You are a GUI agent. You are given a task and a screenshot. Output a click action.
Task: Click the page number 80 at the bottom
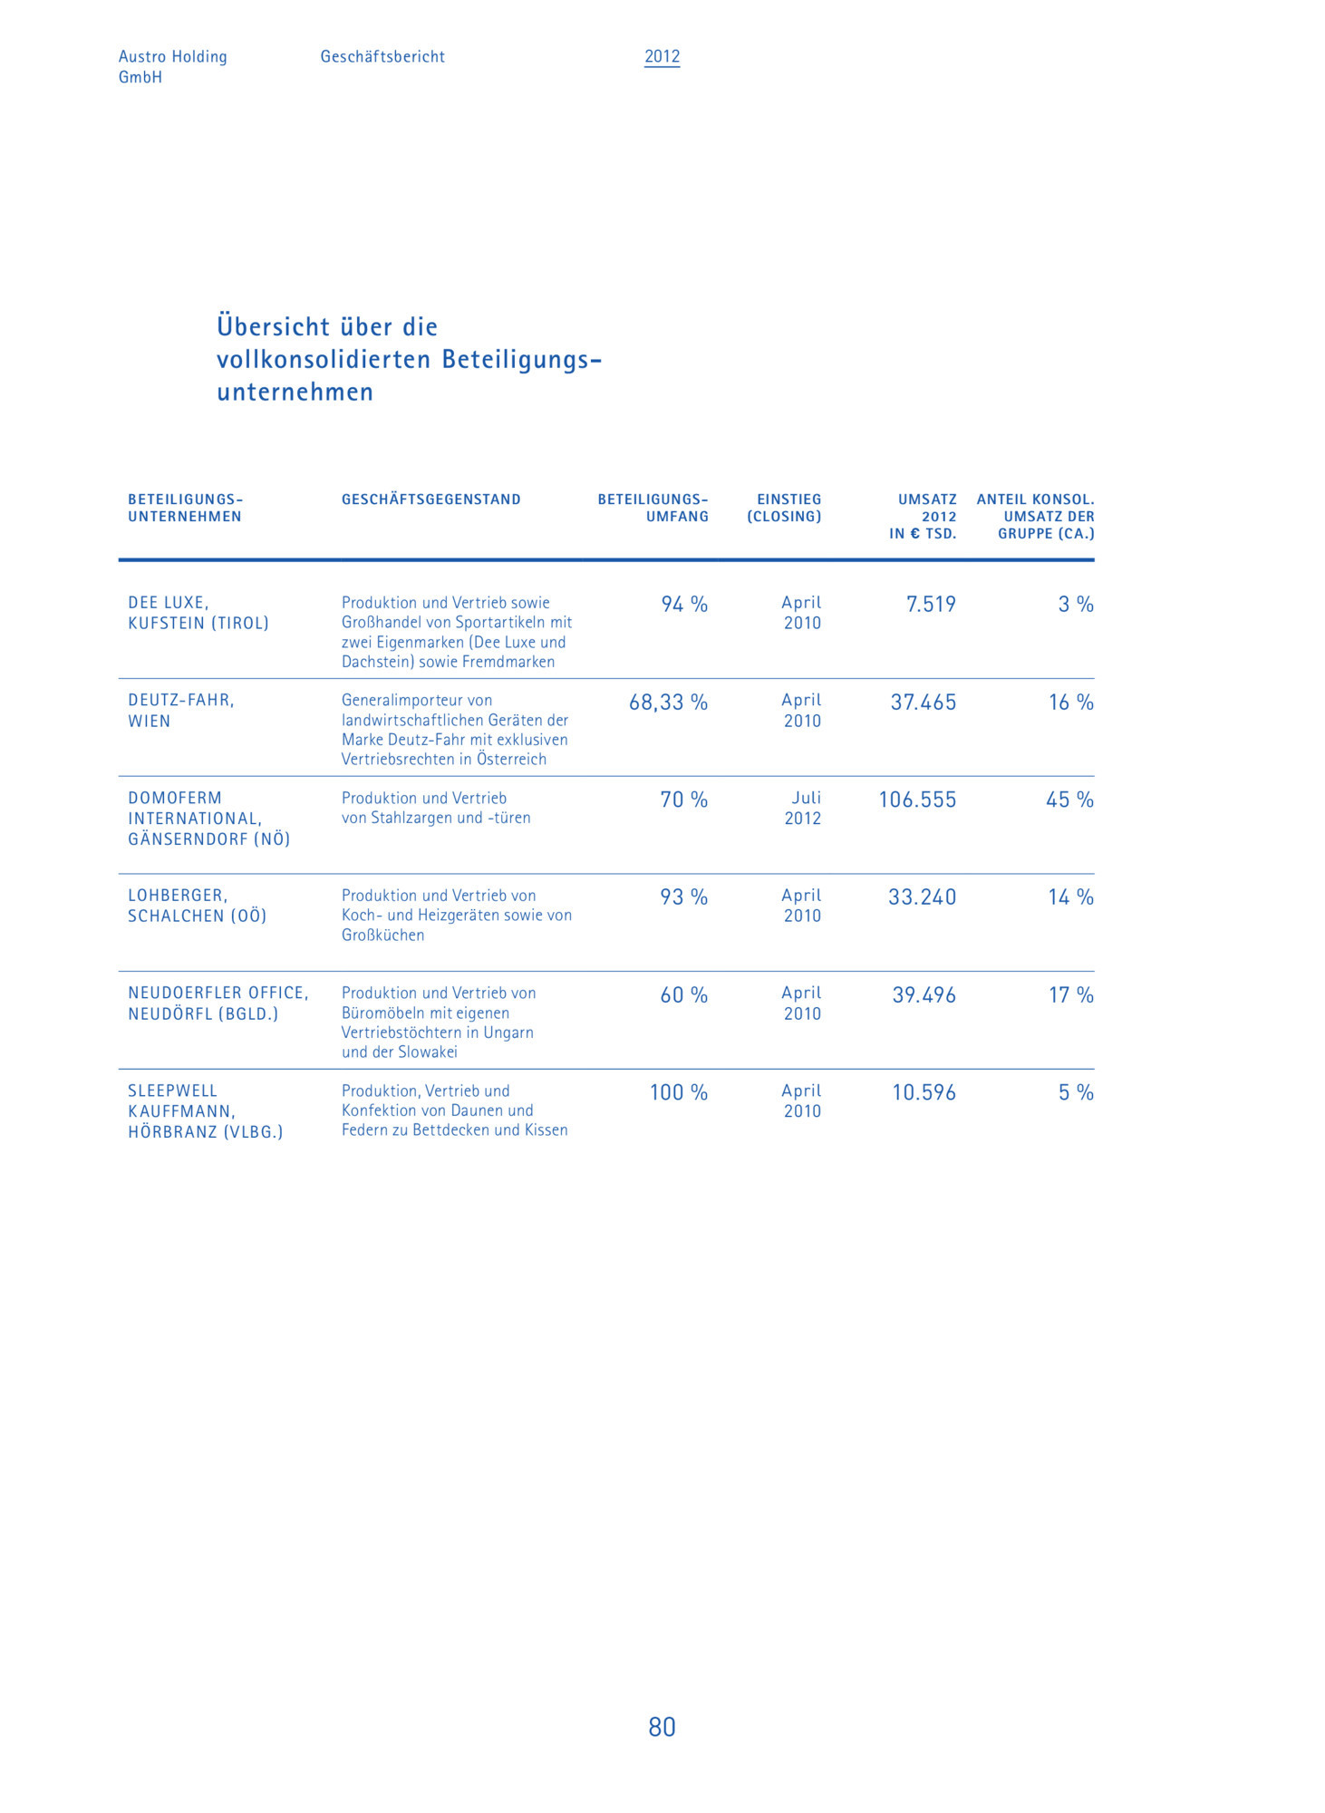click(x=662, y=1727)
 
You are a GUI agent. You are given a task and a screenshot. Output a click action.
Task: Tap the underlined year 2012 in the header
click(x=662, y=56)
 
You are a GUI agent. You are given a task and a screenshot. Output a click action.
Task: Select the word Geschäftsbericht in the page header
click(x=382, y=56)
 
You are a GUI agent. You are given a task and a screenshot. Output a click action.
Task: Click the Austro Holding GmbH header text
click(x=172, y=66)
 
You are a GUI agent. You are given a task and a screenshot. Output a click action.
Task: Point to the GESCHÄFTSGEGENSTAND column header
click(x=430, y=499)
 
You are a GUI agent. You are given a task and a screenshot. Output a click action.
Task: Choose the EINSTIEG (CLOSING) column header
click(x=785, y=508)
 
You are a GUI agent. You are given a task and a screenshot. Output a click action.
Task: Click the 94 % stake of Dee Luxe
click(x=684, y=605)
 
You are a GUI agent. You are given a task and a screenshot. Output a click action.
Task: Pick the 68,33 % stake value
click(x=668, y=703)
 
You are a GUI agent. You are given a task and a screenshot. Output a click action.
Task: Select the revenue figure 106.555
click(x=917, y=800)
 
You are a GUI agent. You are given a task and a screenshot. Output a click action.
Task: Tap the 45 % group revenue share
click(x=1069, y=800)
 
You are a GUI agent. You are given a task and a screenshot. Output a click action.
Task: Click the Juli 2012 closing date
click(x=803, y=808)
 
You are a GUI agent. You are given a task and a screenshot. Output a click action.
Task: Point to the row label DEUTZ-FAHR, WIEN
click(x=180, y=711)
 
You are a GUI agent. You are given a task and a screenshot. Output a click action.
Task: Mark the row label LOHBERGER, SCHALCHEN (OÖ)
click(x=197, y=906)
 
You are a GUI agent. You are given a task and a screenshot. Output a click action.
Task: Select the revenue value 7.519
click(x=931, y=605)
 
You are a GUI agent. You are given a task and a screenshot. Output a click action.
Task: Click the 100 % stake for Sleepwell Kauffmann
click(x=678, y=1092)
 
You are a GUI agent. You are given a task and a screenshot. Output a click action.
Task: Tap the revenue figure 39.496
click(x=924, y=995)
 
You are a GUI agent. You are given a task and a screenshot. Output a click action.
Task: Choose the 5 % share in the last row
click(x=1076, y=1092)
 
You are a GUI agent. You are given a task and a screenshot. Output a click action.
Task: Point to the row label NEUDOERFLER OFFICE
click(x=218, y=994)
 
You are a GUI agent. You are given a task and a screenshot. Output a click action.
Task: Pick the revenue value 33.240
click(x=922, y=897)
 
